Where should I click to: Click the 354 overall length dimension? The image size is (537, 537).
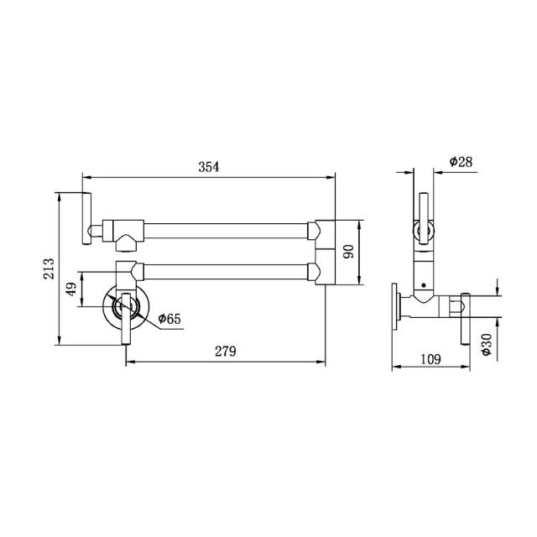click(x=208, y=166)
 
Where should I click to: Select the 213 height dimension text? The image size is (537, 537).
click(x=50, y=268)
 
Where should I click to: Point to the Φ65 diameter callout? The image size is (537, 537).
click(x=169, y=319)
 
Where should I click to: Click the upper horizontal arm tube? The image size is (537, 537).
click(x=228, y=227)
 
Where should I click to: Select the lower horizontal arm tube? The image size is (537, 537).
click(x=228, y=270)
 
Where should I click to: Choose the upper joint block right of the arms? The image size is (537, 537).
click(x=326, y=230)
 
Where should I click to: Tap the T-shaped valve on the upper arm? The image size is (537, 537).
click(x=126, y=231)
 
